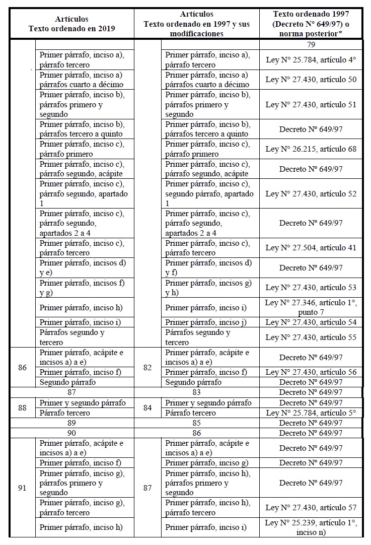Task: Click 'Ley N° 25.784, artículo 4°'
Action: click(311, 60)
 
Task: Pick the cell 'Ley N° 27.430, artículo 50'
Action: click(311, 80)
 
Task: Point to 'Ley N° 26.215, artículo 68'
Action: click(311, 149)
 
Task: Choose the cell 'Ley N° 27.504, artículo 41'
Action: click(311, 248)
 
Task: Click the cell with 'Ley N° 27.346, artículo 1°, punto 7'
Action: click(311, 307)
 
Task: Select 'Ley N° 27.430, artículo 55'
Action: click(311, 337)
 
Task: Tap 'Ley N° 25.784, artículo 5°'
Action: click(311, 413)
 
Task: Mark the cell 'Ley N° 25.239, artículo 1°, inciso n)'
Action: click(311, 527)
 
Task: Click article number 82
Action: click(147, 368)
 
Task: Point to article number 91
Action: click(22, 488)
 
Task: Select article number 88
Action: click(22, 408)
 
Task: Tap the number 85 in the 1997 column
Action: click(197, 423)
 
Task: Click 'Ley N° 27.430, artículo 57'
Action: click(311, 508)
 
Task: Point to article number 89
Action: click(71, 423)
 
